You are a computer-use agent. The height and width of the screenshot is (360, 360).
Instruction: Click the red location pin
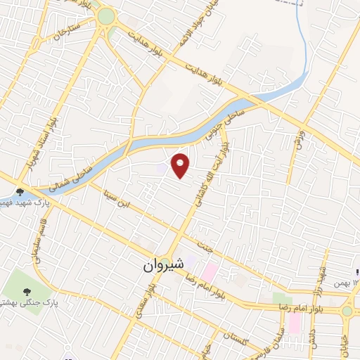(181, 165)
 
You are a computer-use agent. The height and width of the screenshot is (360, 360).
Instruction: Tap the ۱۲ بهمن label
(344, 281)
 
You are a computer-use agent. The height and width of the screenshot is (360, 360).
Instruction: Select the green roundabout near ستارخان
(107, 16)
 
